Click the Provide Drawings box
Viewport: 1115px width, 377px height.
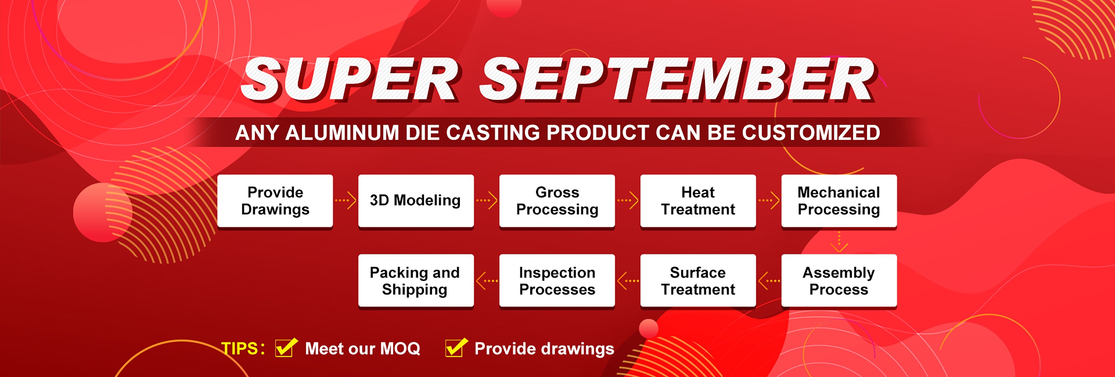(275, 201)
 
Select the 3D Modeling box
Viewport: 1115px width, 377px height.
(416, 201)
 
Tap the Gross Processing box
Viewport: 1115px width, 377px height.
(557, 201)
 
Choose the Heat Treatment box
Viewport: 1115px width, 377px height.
(698, 201)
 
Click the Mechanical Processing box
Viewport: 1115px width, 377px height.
(839, 201)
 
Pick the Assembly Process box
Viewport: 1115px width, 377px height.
(839, 281)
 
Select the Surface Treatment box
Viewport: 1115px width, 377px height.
(698, 281)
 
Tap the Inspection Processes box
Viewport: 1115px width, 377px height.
(557, 281)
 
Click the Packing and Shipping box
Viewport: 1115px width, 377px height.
(416, 281)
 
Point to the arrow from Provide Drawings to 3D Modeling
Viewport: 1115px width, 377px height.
(345, 200)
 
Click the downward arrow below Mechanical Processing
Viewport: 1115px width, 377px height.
(839, 242)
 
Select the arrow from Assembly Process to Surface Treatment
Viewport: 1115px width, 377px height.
(769, 281)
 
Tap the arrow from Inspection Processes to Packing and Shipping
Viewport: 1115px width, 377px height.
(487, 281)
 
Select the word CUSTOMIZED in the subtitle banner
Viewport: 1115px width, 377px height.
(811, 132)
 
